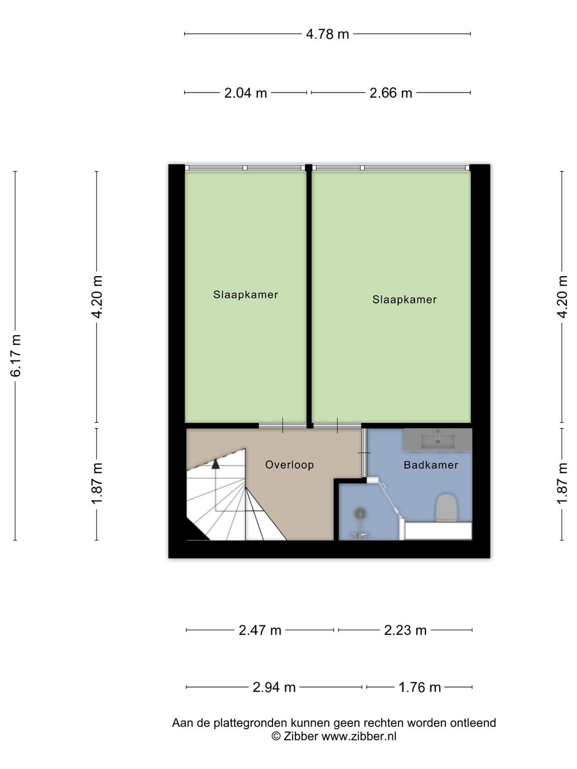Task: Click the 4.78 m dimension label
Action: [327, 34]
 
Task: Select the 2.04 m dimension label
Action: [246, 93]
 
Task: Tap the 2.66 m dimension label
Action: [390, 93]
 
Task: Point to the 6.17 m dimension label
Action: [16, 356]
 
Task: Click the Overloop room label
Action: [289, 465]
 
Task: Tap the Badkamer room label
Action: [431, 465]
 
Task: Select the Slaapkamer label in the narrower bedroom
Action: [246, 295]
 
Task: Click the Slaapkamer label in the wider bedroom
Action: [404, 299]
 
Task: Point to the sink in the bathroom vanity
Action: [438, 441]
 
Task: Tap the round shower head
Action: [360, 514]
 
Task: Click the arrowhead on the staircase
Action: [215, 464]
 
